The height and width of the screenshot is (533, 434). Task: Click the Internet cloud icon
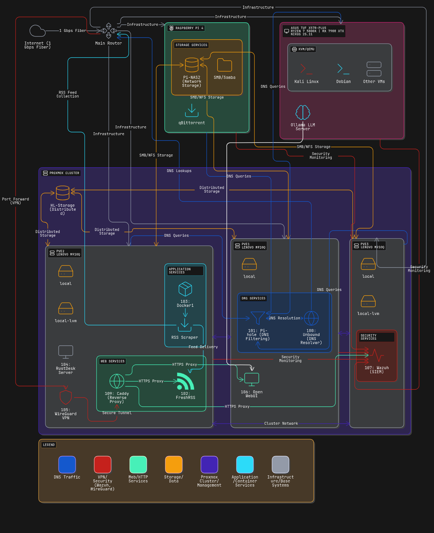pos(37,31)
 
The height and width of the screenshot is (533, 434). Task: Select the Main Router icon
pos(109,31)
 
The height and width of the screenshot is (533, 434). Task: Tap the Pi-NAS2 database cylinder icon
pos(192,65)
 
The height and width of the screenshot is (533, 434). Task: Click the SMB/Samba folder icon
pos(225,65)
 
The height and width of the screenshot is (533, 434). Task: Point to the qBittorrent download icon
pos(192,110)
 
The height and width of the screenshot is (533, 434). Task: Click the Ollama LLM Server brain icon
pos(303,112)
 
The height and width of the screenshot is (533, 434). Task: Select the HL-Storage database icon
pos(63,193)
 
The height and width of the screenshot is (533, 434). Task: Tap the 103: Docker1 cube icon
pos(185,289)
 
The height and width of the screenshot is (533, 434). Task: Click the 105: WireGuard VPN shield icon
pos(66,397)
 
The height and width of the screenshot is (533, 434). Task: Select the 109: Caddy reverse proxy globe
pos(117,381)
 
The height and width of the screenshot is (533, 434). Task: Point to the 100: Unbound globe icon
pos(311,318)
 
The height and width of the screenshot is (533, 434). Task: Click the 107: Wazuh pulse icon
pos(376,356)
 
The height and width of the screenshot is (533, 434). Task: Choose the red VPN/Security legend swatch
pos(103,465)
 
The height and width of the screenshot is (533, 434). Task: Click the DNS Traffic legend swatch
pos(67,465)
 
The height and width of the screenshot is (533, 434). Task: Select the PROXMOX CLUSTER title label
pos(61,173)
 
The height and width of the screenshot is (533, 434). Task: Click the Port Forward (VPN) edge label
pos(16,201)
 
